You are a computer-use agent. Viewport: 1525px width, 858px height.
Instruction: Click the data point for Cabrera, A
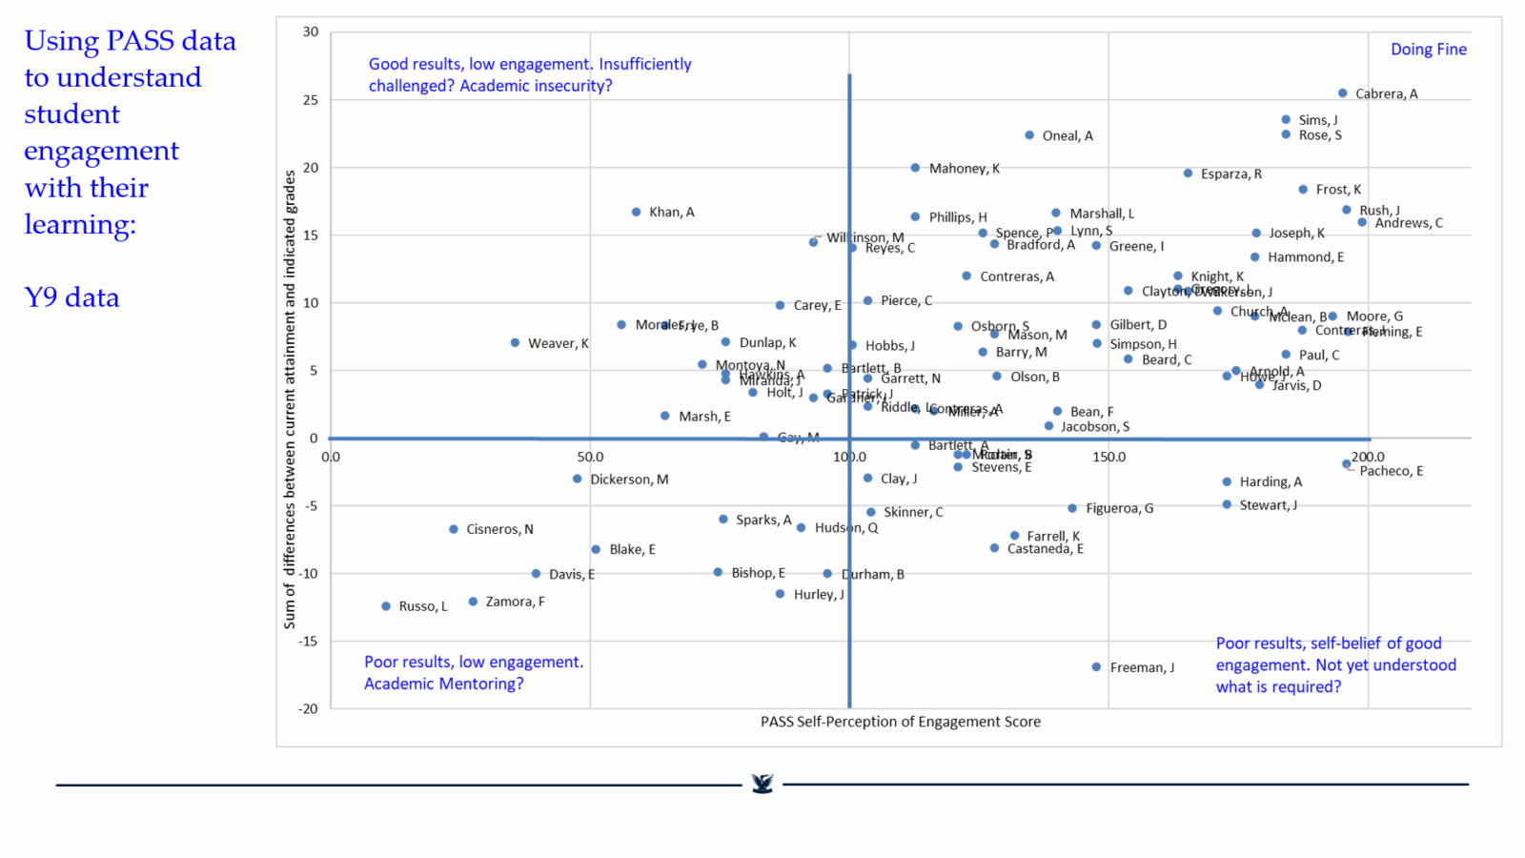pos(1342,93)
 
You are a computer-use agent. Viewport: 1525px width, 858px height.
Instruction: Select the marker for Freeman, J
pos(1096,667)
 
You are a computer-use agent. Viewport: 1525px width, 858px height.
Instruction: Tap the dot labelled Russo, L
pos(386,606)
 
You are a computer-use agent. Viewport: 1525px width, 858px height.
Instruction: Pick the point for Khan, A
pos(636,212)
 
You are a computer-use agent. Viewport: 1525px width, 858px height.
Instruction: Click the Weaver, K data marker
pos(515,342)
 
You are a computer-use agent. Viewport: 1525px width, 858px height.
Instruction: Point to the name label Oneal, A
pos(1067,136)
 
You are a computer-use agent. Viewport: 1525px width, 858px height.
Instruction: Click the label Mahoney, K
pos(964,169)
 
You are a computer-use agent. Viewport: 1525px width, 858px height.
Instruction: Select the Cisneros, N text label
pos(499,529)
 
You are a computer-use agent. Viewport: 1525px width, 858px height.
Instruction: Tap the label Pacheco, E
pos(1391,471)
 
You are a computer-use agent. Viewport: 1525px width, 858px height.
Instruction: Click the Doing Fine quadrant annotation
pos(1428,50)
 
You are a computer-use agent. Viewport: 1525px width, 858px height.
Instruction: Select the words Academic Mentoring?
pos(443,684)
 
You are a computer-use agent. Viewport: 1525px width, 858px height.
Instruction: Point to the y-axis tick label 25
pos(311,100)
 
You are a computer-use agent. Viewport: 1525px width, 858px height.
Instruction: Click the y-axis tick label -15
pos(308,642)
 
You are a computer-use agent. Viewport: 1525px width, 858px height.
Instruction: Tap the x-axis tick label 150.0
pos(1108,458)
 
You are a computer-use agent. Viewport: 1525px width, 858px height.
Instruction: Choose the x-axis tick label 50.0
pos(590,458)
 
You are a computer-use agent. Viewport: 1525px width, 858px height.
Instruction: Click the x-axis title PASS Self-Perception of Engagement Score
pos(900,722)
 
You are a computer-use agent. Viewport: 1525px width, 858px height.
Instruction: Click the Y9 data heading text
pos(71,297)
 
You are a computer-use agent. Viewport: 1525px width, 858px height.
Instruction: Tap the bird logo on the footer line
pos(762,784)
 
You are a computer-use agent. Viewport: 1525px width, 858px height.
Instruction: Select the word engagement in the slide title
pos(101,151)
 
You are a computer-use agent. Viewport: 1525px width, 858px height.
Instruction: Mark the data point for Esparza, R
pos(1188,174)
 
